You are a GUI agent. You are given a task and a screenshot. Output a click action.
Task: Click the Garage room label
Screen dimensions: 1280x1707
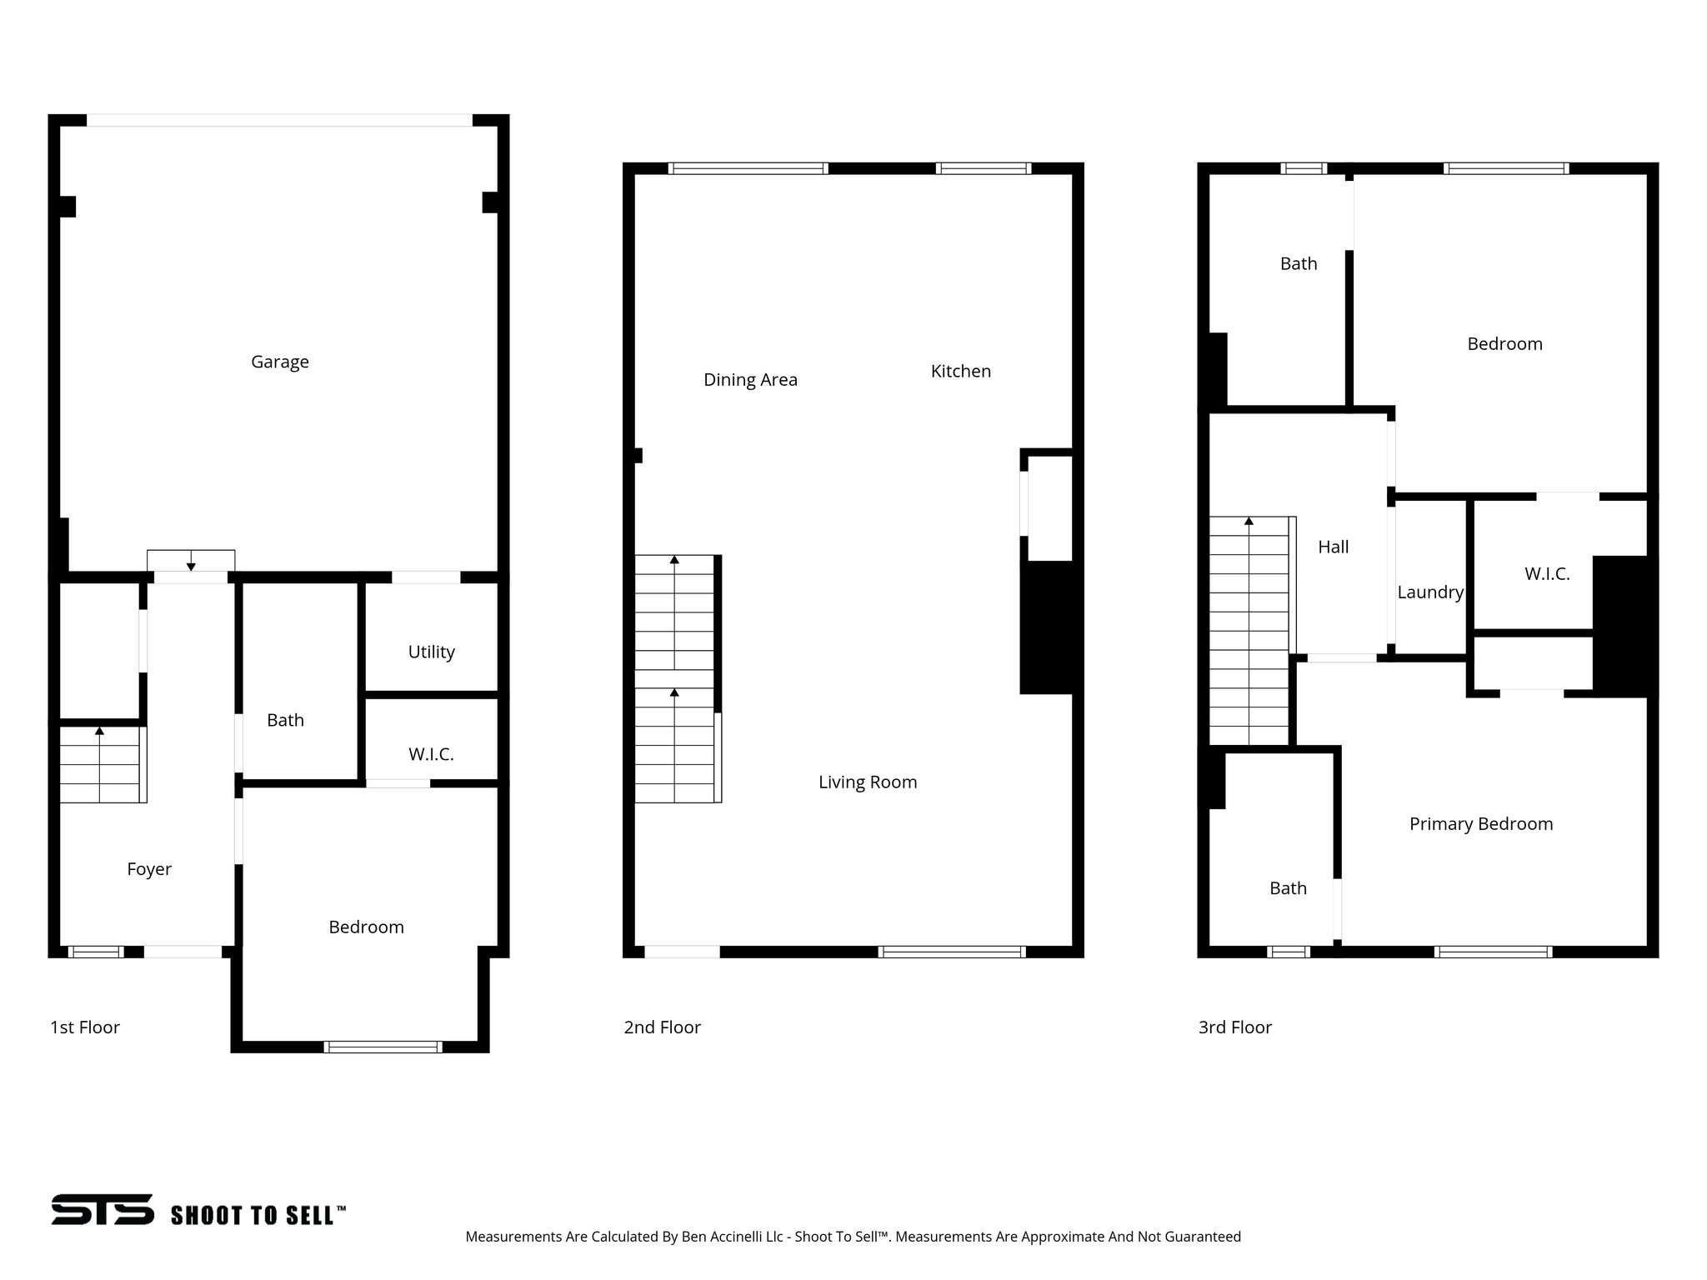(x=280, y=362)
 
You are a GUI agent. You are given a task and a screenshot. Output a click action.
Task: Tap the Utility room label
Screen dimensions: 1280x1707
(x=431, y=652)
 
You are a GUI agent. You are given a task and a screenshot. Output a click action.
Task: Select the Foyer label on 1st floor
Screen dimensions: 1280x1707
(x=149, y=869)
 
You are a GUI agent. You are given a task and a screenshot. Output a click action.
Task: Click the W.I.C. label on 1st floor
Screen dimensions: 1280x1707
(x=431, y=754)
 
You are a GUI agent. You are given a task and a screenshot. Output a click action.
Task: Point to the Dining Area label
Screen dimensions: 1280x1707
(x=750, y=380)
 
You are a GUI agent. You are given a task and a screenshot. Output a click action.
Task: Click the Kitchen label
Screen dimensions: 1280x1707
(x=960, y=372)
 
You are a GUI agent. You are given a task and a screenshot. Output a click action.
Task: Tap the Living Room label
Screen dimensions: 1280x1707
(x=867, y=782)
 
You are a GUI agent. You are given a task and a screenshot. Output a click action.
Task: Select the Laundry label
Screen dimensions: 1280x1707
(x=1430, y=592)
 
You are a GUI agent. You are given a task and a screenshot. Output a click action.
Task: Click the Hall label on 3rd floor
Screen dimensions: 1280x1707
(x=1333, y=547)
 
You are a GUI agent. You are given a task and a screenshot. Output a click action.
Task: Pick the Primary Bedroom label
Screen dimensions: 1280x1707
(x=1480, y=824)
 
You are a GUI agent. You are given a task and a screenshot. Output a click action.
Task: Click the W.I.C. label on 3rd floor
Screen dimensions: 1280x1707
(x=1547, y=574)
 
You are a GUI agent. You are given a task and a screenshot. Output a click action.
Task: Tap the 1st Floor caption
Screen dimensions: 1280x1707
(x=85, y=1027)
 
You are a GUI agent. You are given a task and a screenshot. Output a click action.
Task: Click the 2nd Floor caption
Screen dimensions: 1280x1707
(x=662, y=1027)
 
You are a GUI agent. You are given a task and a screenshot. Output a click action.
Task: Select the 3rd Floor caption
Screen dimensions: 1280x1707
(x=1234, y=1027)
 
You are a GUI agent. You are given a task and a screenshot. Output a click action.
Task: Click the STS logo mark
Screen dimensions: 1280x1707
(x=103, y=1209)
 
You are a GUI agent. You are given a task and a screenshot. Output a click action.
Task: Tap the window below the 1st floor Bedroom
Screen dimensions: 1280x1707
(x=383, y=1047)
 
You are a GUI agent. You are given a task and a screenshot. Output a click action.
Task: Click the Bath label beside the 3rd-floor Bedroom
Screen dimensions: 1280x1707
(x=1298, y=264)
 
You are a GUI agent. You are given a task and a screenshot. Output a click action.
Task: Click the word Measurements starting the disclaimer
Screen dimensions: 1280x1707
(x=513, y=1237)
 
